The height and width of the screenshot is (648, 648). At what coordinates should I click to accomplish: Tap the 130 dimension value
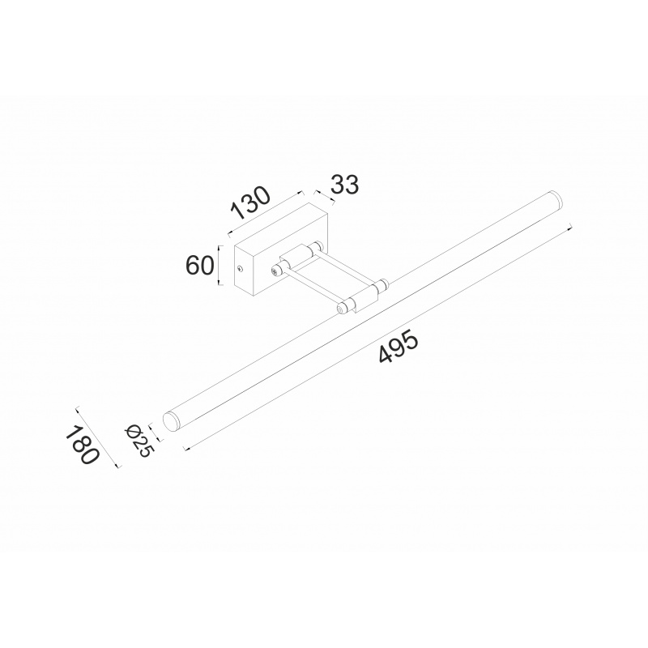(x=250, y=203)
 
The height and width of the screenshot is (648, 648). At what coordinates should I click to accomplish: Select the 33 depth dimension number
(x=345, y=185)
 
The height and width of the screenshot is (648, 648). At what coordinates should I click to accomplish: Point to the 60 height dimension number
(x=199, y=265)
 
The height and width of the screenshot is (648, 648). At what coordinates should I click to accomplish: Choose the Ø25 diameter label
(x=139, y=441)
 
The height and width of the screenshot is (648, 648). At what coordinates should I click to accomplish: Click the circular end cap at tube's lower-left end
(x=170, y=420)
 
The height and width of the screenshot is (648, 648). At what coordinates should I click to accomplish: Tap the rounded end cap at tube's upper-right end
(x=556, y=198)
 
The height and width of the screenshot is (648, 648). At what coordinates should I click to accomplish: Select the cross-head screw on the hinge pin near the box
(x=275, y=271)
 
